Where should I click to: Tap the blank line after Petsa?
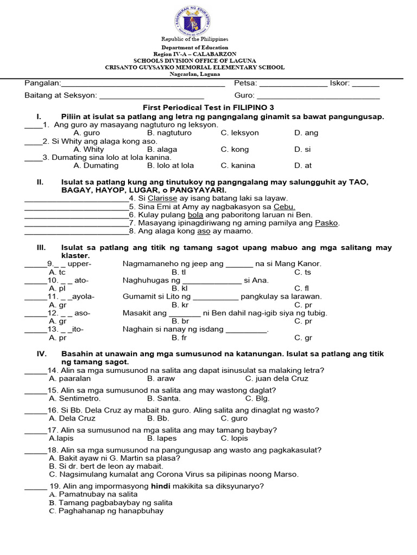point(294,85)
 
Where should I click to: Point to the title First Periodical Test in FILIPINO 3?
point(208,107)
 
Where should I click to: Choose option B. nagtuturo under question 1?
point(165,133)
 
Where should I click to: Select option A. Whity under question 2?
point(89,149)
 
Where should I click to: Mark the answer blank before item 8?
point(76,231)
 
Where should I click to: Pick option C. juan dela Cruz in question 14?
point(276,378)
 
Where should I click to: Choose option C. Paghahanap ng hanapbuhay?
point(106,511)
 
